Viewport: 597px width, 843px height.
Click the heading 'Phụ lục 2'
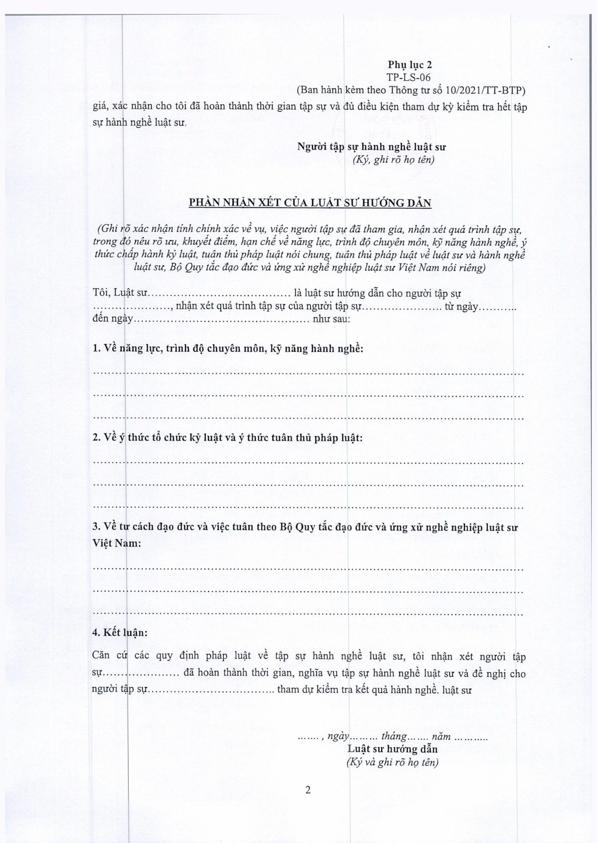tap(410, 65)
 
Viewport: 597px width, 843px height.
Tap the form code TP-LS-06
tap(409, 77)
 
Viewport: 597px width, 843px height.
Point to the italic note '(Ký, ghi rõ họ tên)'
tap(393, 160)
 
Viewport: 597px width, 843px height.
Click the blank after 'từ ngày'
tap(498, 307)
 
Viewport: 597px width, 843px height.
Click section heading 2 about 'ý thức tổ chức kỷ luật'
tap(228, 438)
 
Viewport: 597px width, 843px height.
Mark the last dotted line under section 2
tap(308, 507)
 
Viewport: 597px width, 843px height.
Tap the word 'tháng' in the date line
tap(393, 726)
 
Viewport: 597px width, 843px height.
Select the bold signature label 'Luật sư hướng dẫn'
tap(393, 739)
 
